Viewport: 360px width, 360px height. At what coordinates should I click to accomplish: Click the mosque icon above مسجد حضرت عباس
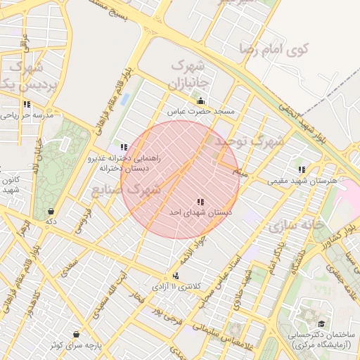coord(201,101)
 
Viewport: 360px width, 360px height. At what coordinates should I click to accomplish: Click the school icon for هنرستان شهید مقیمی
coord(302,169)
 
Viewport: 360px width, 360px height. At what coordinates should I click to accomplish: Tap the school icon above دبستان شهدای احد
coord(202,202)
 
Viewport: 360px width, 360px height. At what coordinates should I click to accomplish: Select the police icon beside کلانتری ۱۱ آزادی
coord(176,276)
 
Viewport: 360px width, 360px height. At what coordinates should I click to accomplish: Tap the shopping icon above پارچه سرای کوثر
coord(76,334)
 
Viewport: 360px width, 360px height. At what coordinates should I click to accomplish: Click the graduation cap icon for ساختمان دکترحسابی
coord(321,323)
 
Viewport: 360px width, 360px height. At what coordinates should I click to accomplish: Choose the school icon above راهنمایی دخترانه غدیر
coord(124,147)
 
